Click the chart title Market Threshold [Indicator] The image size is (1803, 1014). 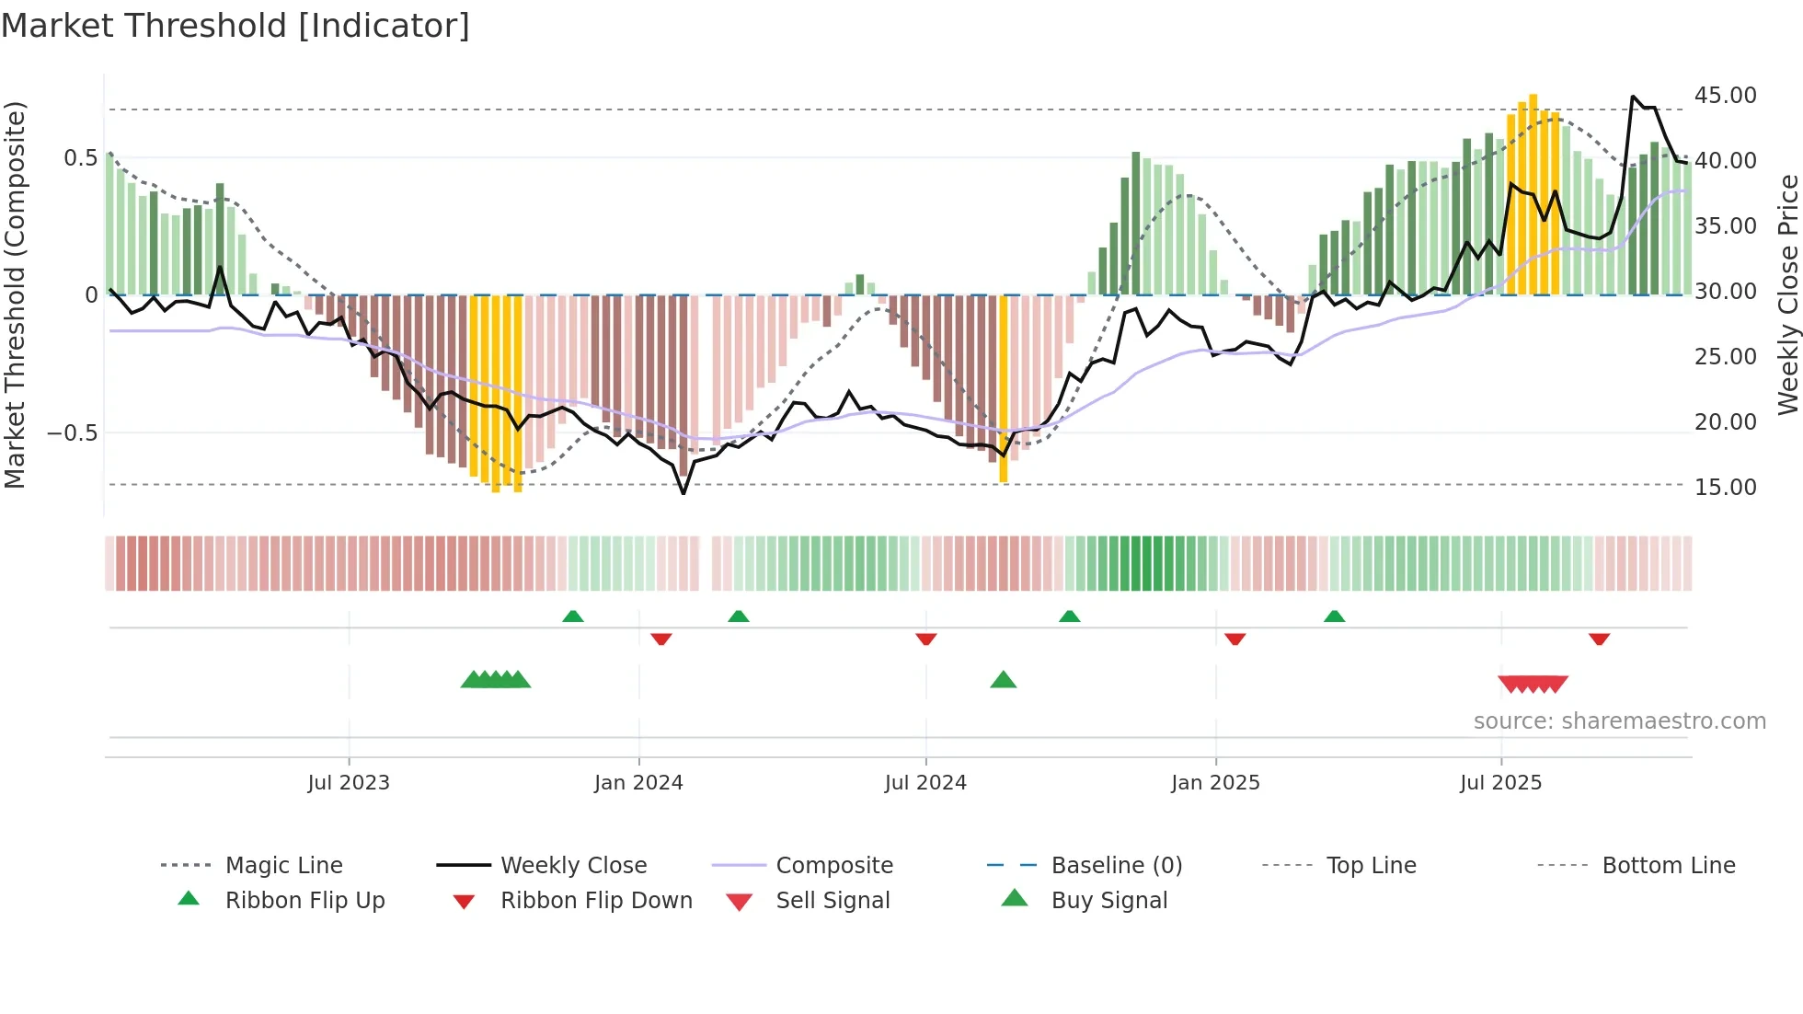[x=235, y=26]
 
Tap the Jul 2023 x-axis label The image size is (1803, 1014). [x=349, y=783]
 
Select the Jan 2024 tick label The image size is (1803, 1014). [x=638, y=783]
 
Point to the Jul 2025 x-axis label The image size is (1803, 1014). [x=1500, y=783]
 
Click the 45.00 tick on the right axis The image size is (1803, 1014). [x=1725, y=96]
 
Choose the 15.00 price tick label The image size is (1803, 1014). [x=1725, y=488]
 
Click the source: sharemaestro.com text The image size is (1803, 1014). [x=1619, y=721]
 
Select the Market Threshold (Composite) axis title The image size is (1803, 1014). [x=15, y=294]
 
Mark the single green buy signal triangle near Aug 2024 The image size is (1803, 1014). [x=1003, y=681]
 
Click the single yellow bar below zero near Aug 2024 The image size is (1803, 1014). [x=1004, y=386]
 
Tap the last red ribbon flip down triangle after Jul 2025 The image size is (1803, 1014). [x=1599, y=639]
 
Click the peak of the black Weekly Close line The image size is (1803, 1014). [x=1633, y=96]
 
